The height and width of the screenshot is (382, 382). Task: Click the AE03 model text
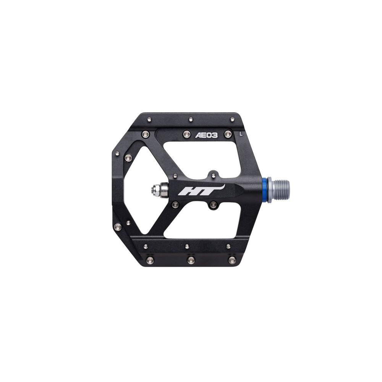pyautogui.click(x=206, y=135)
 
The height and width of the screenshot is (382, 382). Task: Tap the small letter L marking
pyautogui.click(x=241, y=133)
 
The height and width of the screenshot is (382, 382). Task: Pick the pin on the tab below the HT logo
pyautogui.click(x=214, y=204)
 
